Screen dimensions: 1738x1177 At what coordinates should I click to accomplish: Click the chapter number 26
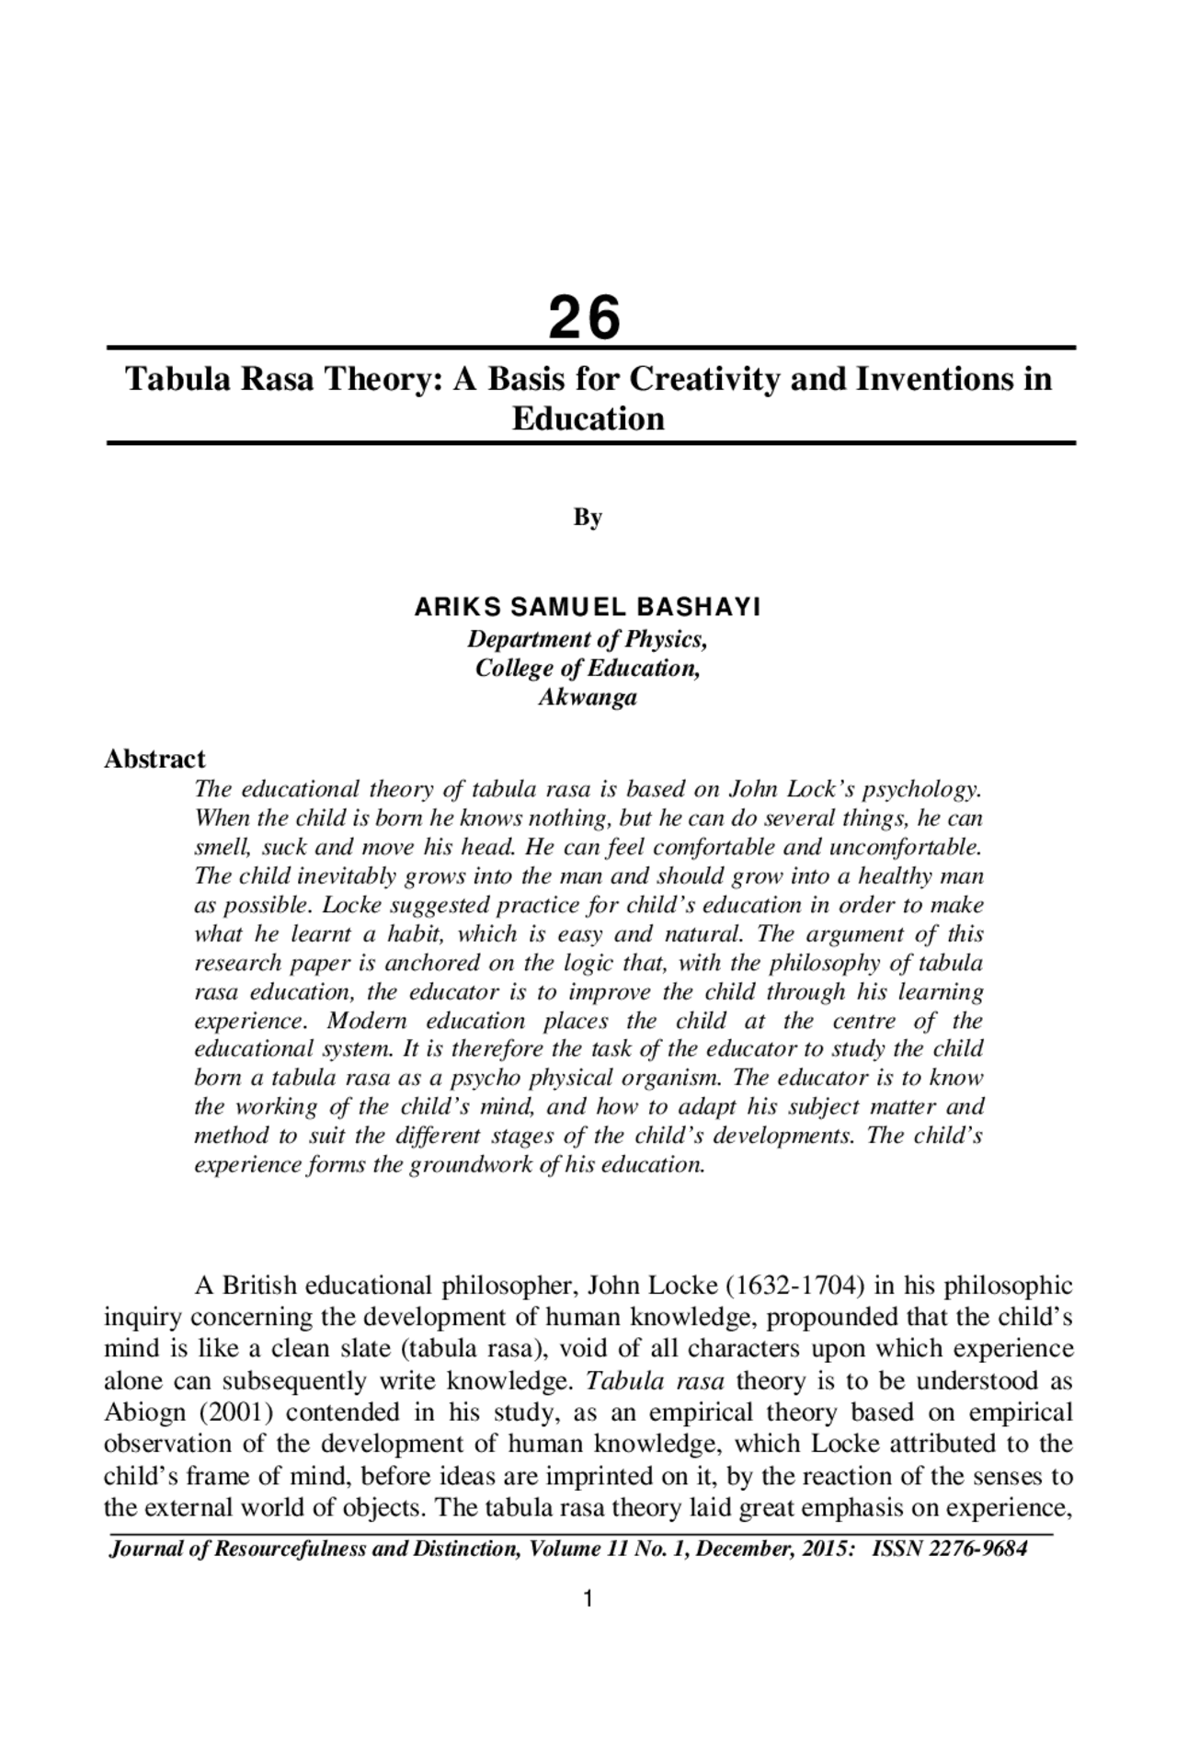[586, 317]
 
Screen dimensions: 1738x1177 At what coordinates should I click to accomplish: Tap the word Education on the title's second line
[588, 419]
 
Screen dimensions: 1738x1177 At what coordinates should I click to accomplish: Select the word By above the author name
[588, 517]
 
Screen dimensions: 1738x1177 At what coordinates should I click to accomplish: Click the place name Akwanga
[588, 697]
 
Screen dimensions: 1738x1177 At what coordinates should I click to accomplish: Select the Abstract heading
[154, 759]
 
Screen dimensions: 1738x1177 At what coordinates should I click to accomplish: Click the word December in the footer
[744, 1549]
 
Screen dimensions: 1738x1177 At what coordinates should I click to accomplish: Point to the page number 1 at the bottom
[588, 1599]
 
